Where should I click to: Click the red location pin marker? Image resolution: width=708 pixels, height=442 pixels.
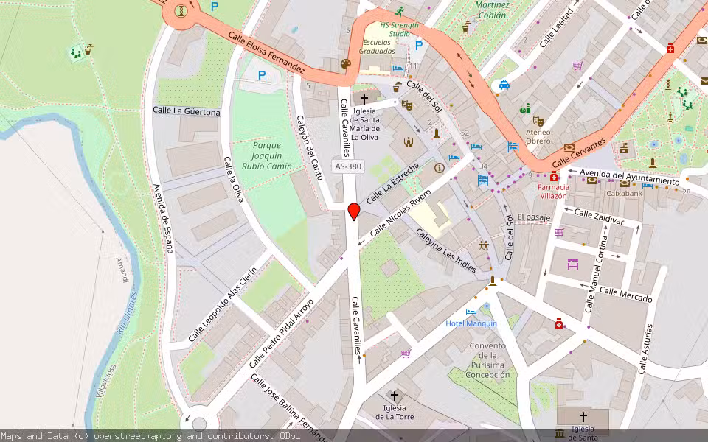[x=353, y=211]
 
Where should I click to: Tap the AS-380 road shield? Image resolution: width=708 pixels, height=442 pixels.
[x=349, y=166]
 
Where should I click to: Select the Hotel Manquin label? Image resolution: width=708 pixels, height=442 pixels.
[x=471, y=323]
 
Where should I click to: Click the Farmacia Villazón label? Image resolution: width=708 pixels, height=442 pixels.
[x=552, y=192]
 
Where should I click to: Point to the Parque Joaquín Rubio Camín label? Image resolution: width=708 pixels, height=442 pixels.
[x=266, y=155]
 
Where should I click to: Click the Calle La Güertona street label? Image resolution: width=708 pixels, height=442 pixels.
[x=186, y=111]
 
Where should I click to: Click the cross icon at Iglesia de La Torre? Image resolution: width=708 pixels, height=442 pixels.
[x=395, y=396]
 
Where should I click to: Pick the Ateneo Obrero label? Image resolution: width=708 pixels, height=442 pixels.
[x=538, y=136]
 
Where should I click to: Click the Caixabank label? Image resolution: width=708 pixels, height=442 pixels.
[x=625, y=194]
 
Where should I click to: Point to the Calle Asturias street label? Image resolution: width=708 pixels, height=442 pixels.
[x=645, y=348]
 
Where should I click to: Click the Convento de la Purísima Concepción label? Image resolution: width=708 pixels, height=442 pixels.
[x=487, y=360]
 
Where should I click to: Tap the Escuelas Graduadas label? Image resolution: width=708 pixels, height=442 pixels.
[x=377, y=46]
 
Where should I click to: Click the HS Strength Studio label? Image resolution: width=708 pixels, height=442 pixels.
[x=399, y=29]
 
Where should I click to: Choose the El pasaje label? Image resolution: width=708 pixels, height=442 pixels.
[x=534, y=217]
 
